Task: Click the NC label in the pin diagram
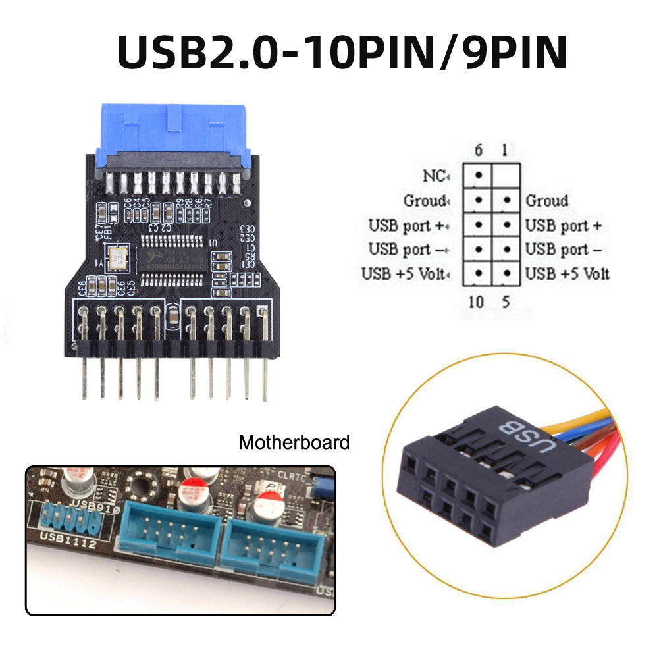click(435, 176)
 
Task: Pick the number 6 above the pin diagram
click(478, 151)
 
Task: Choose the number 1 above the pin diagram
click(504, 151)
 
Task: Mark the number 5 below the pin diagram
click(505, 302)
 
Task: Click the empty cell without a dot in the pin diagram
click(506, 176)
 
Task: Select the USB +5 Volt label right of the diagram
click(567, 273)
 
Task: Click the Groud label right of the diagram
click(546, 200)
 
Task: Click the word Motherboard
click(294, 442)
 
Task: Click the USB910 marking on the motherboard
click(96, 505)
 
